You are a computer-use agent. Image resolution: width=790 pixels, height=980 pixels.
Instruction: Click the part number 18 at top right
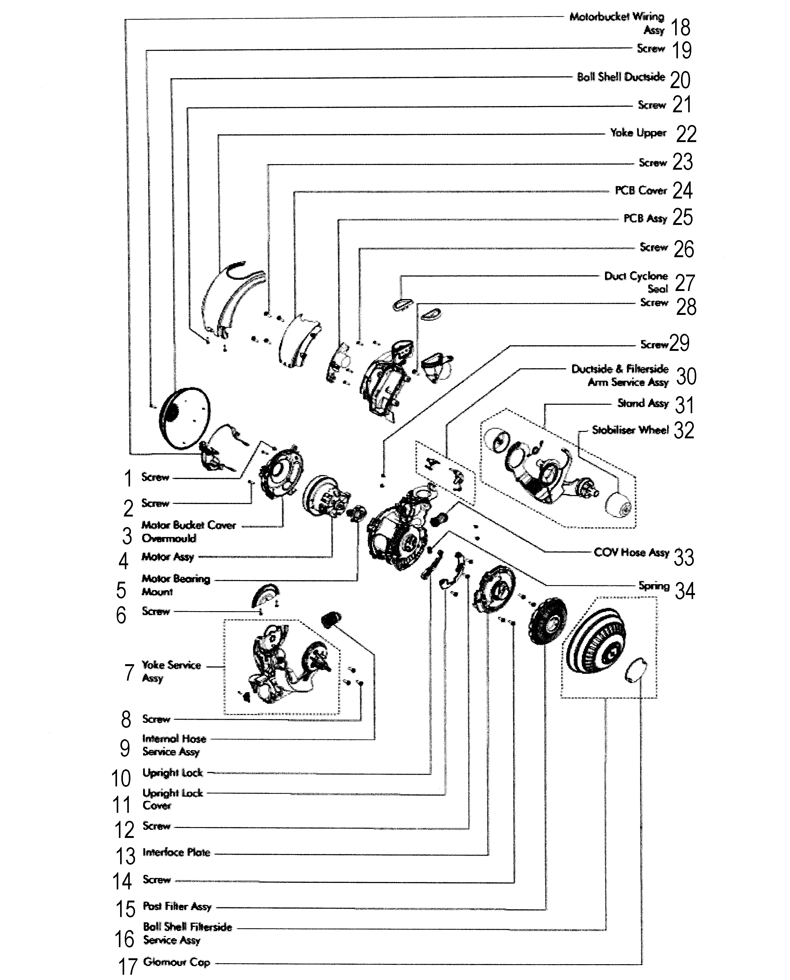[681, 27]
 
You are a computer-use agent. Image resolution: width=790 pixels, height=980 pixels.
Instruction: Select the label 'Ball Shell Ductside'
[621, 77]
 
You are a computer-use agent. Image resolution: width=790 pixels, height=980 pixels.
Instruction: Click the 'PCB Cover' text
[641, 190]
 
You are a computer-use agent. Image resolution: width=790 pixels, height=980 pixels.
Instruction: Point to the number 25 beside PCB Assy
[682, 217]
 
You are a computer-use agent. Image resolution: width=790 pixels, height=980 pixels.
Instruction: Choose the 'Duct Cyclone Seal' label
[636, 282]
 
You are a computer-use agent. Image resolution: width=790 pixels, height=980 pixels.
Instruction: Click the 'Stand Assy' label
[643, 403]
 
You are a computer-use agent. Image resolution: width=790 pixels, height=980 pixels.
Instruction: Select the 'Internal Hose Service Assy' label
[174, 745]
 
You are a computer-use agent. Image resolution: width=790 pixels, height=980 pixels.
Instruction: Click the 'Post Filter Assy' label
[177, 906]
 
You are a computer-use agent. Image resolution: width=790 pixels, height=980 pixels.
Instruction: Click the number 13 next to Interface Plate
[126, 856]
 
